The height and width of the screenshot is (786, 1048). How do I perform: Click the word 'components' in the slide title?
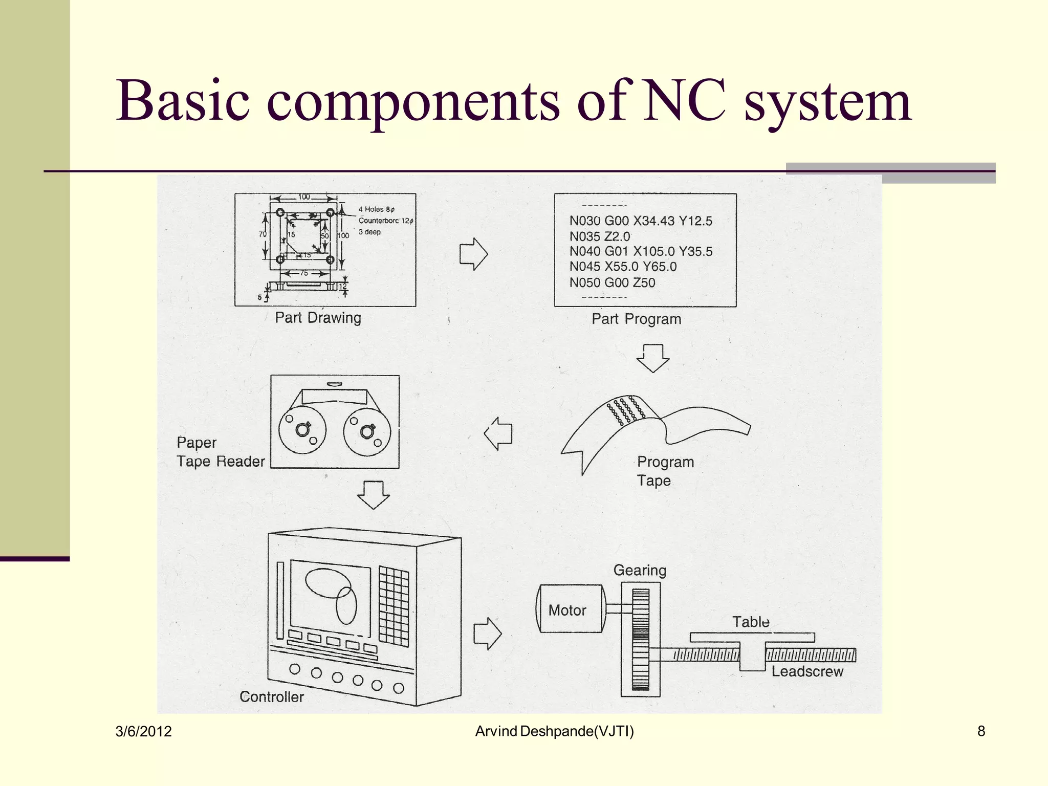click(413, 102)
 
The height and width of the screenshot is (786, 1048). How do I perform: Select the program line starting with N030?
click(641, 221)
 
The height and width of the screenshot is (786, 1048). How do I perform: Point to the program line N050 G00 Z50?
click(612, 282)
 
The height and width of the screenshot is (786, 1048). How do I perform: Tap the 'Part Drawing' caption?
click(318, 318)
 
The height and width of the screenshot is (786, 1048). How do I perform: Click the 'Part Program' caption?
click(636, 319)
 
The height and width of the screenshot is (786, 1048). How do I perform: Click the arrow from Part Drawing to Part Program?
click(474, 254)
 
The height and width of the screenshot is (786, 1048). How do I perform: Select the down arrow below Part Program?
click(653, 358)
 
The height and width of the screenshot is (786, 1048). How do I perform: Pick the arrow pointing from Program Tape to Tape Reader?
click(498, 434)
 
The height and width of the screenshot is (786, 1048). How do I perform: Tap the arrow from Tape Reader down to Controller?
click(373, 495)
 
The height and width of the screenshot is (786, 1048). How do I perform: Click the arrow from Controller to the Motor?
click(487, 634)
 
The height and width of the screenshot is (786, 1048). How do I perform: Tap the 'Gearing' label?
click(640, 571)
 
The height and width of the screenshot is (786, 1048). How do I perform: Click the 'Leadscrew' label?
click(807, 671)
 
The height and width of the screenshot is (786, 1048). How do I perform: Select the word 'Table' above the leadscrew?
click(751, 622)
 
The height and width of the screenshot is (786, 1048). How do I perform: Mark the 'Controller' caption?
click(272, 697)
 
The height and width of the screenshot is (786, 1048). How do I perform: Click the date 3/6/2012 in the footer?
click(144, 732)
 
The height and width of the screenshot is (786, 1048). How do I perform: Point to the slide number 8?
click(981, 731)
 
